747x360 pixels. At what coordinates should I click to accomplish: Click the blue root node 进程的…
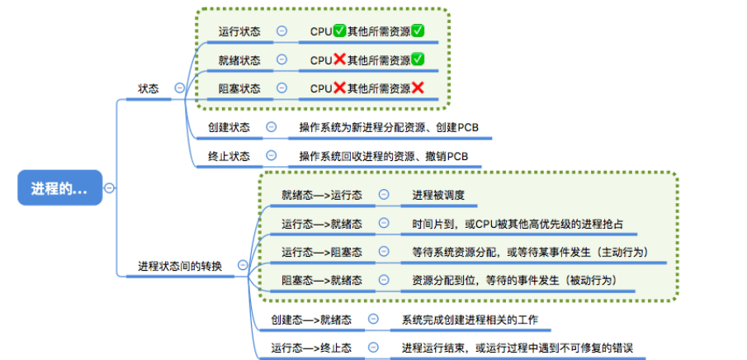click(x=59, y=188)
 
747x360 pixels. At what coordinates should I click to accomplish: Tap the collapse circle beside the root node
click(x=109, y=188)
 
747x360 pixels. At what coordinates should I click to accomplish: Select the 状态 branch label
click(x=149, y=88)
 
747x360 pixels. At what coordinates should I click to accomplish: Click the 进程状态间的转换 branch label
click(x=179, y=266)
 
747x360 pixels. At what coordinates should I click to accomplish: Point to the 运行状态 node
click(x=239, y=31)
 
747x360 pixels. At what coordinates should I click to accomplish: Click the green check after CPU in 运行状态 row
click(x=340, y=31)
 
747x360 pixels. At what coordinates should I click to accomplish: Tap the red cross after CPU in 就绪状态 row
click(x=339, y=59)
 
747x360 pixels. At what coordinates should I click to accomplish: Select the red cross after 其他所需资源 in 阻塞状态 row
click(x=418, y=88)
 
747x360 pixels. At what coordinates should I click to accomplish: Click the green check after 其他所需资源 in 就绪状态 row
click(x=418, y=59)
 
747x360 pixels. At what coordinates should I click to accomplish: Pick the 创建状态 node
click(x=229, y=127)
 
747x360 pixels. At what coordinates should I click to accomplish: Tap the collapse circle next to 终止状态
click(x=271, y=155)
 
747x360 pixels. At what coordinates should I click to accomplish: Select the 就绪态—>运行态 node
click(x=321, y=195)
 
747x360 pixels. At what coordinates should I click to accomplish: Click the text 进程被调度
click(x=439, y=195)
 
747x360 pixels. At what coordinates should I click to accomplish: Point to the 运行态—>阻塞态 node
click(x=321, y=251)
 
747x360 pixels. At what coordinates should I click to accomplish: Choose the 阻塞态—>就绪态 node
click(x=321, y=280)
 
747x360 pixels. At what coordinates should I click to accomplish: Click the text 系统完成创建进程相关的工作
click(x=471, y=320)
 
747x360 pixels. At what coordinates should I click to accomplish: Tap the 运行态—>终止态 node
click(x=311, y=348)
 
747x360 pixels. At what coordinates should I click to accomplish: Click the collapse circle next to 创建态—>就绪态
click(x=373, y=320)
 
